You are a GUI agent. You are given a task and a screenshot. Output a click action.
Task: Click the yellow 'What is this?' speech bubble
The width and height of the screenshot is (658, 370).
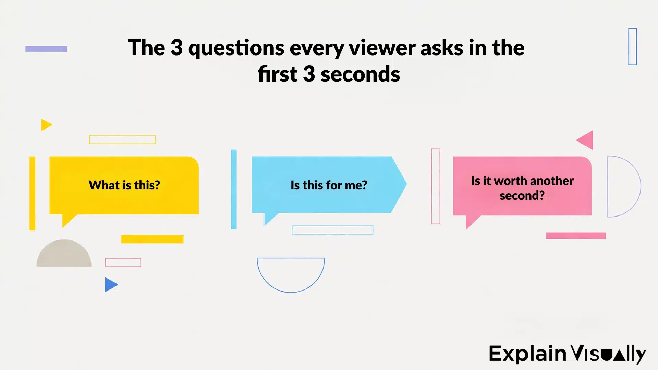pos(124,185)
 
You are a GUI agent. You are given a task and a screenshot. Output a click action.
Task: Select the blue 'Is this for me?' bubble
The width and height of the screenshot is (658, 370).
pos(328,185)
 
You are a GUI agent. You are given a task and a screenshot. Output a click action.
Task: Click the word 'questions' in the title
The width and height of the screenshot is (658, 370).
pos(236,48)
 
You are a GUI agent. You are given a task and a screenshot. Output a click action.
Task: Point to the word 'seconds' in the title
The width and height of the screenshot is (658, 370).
pos(360,74)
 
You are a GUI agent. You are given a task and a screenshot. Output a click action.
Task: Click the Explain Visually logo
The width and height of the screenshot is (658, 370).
pos(567,354)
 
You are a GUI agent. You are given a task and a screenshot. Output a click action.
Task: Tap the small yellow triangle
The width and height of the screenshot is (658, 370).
pos(46,125)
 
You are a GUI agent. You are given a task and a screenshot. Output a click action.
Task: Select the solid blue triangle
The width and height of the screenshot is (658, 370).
pos(110,285)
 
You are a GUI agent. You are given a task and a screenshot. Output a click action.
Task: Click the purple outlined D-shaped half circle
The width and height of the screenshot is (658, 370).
pos(622,186)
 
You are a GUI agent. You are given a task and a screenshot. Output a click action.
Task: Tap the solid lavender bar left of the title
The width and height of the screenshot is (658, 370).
pos(46,49)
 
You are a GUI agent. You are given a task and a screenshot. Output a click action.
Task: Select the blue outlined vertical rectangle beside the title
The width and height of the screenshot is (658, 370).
pos(632,47)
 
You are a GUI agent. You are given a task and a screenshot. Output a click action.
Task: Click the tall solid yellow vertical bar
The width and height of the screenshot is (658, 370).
pos(32,193)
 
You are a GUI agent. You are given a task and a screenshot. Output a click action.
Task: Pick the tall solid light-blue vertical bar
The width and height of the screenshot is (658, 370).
pos(234,189)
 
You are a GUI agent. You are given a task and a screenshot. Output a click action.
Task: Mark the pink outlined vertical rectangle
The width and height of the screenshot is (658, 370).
pos(436,186)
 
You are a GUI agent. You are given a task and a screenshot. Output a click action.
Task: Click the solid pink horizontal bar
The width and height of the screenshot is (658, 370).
pos(576,236)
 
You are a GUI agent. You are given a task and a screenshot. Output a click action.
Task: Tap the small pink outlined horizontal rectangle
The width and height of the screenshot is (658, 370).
pos(123,262)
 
